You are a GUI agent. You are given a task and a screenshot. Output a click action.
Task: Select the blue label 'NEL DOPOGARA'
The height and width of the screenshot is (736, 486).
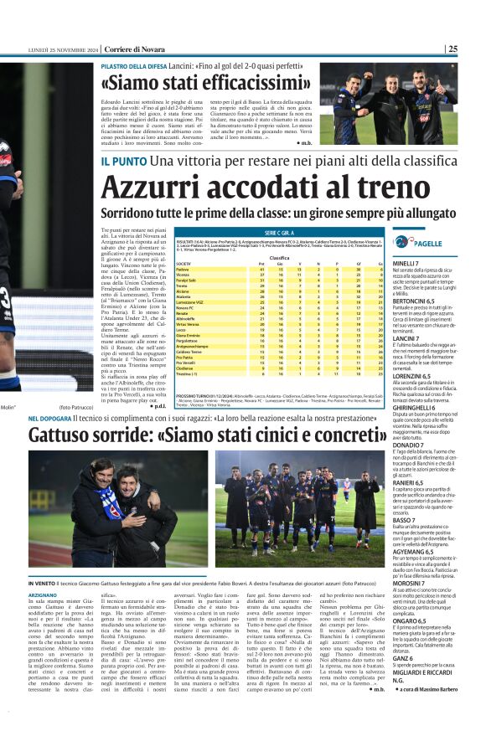coord(55,417)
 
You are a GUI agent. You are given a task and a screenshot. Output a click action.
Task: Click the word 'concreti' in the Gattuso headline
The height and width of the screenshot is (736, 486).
coord(344,435)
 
